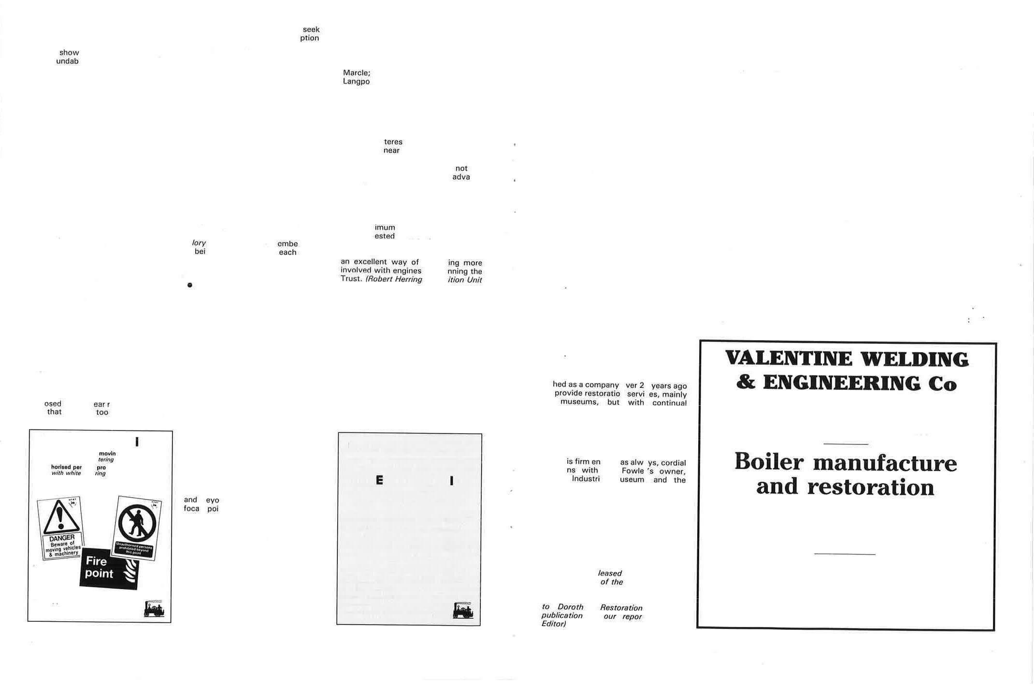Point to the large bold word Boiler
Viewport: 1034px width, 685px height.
coord(769,462)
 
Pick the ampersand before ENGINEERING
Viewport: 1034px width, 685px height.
coord(746,382)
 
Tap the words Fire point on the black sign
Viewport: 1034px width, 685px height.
coord(99,567)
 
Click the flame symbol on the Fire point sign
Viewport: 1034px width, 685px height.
coord(129,571)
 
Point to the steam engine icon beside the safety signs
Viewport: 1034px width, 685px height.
coord(154,609)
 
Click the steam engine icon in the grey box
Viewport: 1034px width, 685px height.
coord(463,611)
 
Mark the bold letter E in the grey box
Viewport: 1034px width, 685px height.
coord(379,480)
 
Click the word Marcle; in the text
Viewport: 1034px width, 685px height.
coord(357,73)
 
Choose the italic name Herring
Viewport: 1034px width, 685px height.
coord(408,279)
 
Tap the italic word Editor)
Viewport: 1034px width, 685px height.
coord(553,624)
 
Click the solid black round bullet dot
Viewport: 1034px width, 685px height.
coord(190,285)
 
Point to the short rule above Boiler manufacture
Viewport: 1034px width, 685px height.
coord(846,444)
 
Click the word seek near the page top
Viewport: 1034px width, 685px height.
coord(311,29)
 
